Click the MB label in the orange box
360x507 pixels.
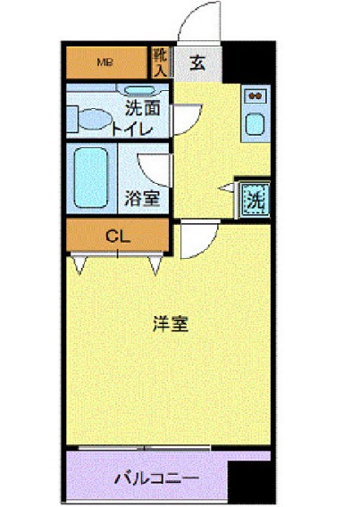105,62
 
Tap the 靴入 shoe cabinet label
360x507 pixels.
160,62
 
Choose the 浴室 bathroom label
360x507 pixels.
144,196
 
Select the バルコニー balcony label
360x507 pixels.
155,478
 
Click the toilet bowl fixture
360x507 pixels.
92,119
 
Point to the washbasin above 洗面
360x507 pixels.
139,90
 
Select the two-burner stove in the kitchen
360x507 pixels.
254,96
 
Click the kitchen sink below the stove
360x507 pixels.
254,127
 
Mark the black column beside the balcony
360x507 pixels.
249,483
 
